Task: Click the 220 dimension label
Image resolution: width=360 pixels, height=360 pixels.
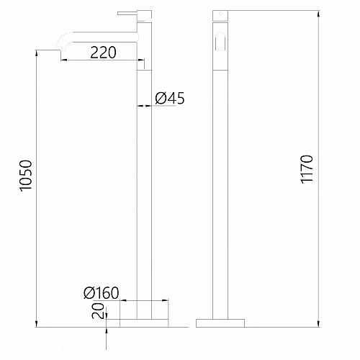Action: pyautogui.click(x=104, y=52)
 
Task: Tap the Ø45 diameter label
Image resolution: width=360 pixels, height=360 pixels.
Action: pyautogui.click(x=170, y=99)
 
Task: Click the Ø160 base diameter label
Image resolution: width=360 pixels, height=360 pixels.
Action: pyautogui.click(x=101, y=293)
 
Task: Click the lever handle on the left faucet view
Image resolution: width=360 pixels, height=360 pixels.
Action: pyautogui.click(x=128, y=12)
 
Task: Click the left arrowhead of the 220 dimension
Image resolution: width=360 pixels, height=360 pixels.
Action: pyautogui.click(x=63, y=60)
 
